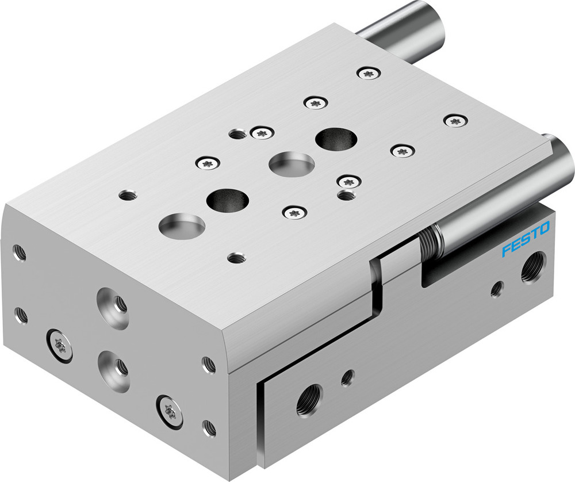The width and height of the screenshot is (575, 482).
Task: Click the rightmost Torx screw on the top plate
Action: click(455, 121)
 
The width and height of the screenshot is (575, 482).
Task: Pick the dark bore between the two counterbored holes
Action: click(228, 199)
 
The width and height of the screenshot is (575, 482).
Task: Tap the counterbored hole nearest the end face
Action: click(182, 224)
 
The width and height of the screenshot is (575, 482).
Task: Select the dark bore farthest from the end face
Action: click(336, 139)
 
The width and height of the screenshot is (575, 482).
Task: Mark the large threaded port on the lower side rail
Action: click(309, 400)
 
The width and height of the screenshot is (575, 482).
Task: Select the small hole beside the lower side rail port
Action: click(347, 377)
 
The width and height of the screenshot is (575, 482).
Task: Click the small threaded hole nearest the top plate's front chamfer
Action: click(234, 258)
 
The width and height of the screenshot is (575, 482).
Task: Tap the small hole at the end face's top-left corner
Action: click(19, 252)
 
